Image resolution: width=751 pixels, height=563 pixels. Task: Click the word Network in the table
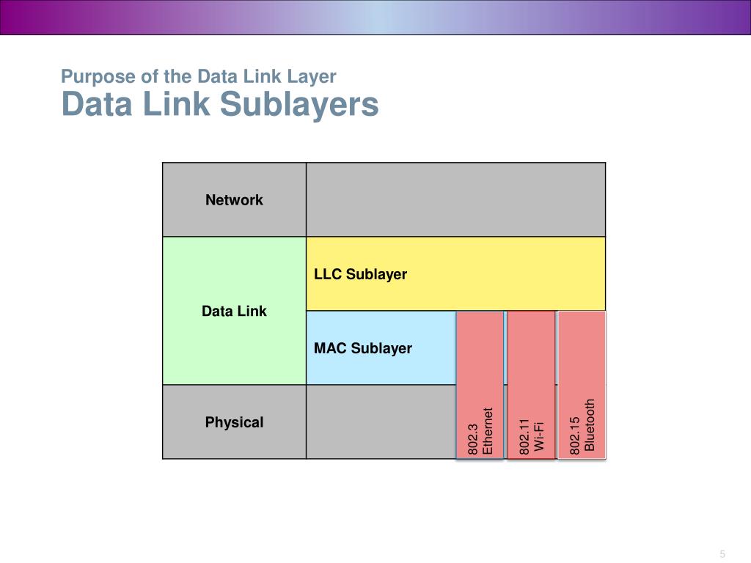(x=234, y=200)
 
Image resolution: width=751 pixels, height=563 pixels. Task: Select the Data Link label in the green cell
(x=234, y=311)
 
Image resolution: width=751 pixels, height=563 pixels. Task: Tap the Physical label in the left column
(x=234, y=422)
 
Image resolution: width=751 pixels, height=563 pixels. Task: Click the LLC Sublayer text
(x=360, y=274)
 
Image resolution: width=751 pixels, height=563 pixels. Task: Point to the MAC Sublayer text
(x=363, y=348)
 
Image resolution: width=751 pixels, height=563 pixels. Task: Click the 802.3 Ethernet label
(x=480, y=432)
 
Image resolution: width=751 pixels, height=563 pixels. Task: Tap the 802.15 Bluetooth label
(x=582, y=427)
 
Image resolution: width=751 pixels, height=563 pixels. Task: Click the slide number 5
(x=722, y=553)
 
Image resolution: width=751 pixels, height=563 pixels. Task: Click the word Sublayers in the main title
(x=299, y=104)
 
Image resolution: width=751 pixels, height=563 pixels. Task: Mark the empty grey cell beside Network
(x=455, y=199)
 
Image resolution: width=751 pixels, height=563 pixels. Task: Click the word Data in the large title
(x=95, y=104)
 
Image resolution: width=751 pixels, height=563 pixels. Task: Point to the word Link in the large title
(x=175, y=104)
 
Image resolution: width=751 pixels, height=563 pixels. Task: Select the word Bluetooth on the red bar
(x=590, y=425)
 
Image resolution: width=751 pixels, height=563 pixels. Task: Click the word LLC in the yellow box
(x=328, y=274)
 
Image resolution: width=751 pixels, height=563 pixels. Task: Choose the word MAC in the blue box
(x=330, y=348)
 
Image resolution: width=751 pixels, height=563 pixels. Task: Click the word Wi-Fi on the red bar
(x=539, y=437)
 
